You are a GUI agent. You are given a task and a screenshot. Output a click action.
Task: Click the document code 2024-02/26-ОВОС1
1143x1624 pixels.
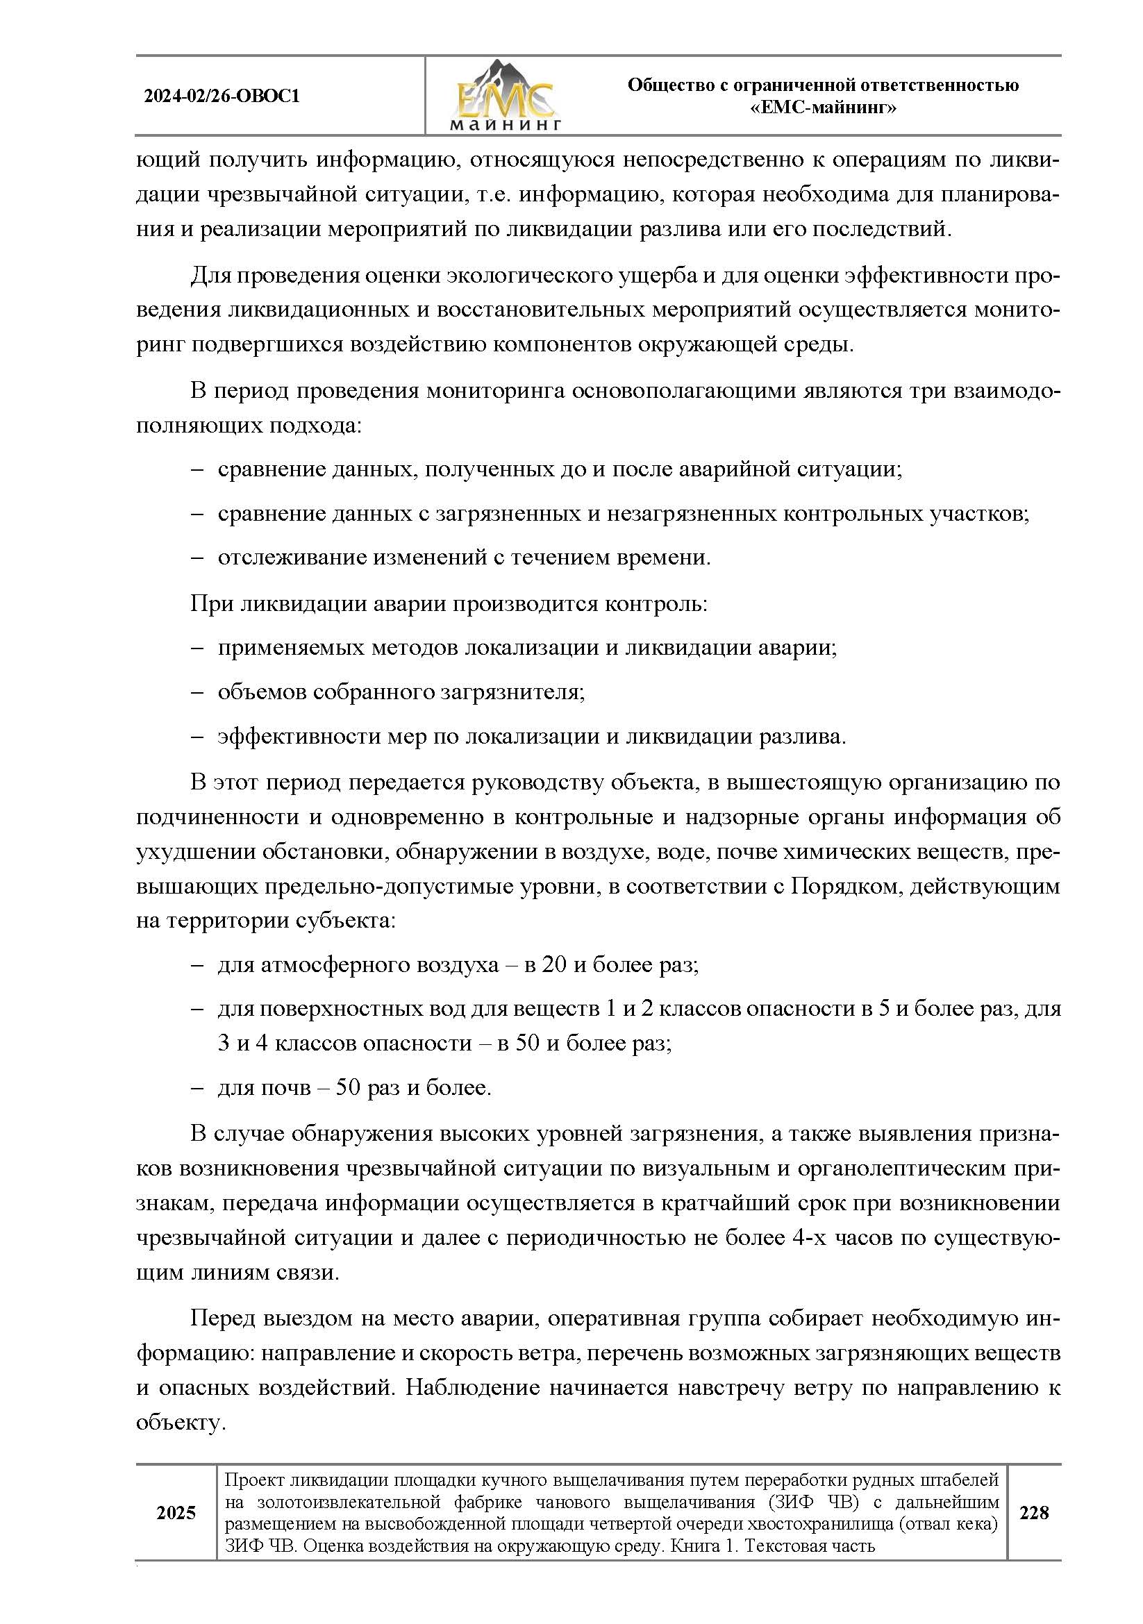(222, 96)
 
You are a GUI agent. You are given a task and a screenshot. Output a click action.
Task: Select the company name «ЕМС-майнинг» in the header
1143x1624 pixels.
(823, 108)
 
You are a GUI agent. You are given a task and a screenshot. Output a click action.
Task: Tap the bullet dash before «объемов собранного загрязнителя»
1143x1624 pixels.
(197, 692)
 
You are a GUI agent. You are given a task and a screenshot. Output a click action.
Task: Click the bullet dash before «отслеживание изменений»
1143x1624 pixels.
(197, 558)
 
